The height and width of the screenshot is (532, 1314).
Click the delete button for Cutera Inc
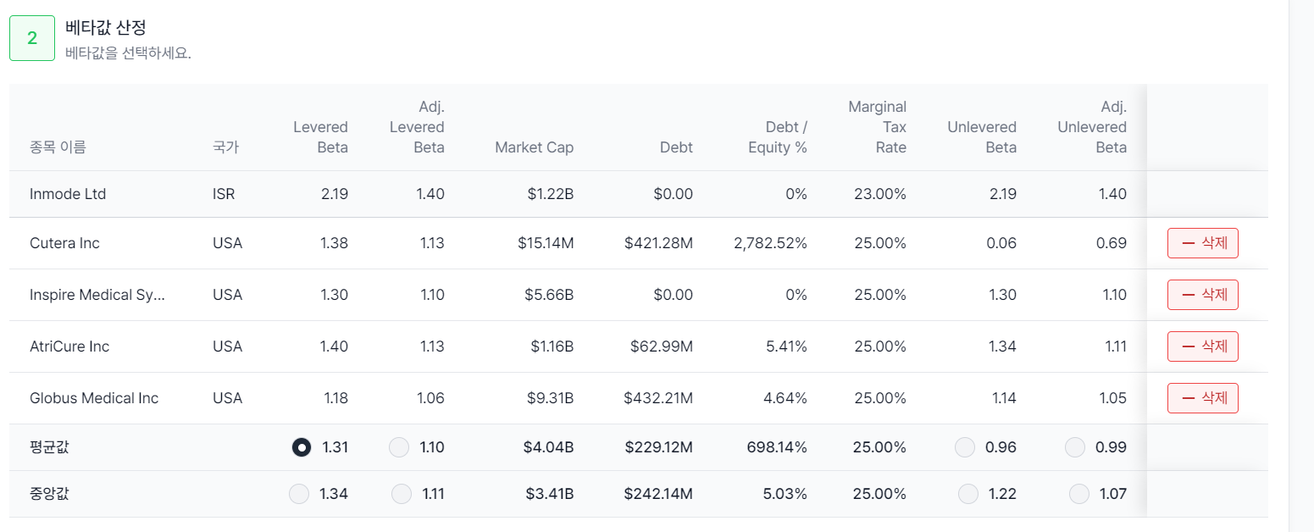(1202, 243)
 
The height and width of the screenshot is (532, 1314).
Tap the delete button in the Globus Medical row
(1202, 397)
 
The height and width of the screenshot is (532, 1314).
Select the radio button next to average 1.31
(302, 447)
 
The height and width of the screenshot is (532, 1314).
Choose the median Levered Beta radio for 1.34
(299, 494)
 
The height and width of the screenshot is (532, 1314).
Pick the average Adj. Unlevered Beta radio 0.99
(1074, 447)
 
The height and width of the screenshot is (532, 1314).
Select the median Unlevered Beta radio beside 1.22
(967, 494)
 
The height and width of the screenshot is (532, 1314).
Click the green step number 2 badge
(32, 38)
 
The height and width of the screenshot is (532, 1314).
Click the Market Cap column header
(534, 147)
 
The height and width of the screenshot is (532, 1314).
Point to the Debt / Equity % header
(777, 137)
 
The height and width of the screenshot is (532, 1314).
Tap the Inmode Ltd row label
(68, 194)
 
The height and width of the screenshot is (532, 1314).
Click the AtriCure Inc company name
(69, 346)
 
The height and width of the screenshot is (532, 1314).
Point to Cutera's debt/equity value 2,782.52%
(770, 243)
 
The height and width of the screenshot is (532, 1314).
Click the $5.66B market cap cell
(549, 295)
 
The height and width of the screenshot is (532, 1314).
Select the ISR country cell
(224, 194)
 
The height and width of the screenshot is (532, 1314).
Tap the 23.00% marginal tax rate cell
(880, 194)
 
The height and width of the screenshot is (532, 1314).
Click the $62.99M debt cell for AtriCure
(661, 346)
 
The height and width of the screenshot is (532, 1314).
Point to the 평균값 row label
(49, 447)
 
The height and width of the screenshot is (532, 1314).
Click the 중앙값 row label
(49, 494)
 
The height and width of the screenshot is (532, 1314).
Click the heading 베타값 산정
(106, 28)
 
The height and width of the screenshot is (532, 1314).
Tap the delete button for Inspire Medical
(1202, 295)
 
